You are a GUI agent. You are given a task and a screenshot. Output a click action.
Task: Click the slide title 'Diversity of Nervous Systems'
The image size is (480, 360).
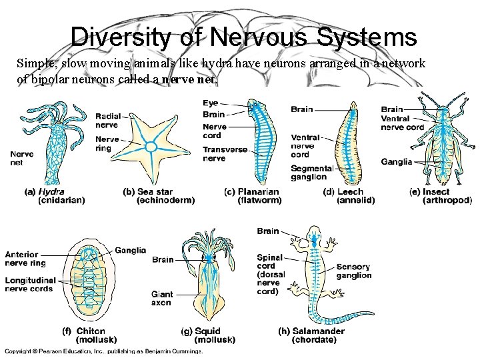tap(243, 36)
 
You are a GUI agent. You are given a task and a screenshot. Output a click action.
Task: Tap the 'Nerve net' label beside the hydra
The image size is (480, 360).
tap(22, 158)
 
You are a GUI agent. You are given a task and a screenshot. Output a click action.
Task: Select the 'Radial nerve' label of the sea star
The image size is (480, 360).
tap(107, 120)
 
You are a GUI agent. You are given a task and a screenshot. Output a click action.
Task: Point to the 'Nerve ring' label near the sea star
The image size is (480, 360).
tap(107, 144)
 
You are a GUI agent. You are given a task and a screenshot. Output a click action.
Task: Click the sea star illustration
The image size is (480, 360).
tap(151, 145)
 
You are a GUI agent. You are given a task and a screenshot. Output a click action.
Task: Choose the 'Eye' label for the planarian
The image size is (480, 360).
tap(211, 103)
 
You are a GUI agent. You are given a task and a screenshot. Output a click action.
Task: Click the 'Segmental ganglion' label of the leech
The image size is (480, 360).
tap(312, 173)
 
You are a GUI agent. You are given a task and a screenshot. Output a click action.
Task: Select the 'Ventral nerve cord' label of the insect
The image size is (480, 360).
tap(402, 123)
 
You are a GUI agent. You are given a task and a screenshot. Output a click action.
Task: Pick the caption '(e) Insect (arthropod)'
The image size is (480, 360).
tap(440, 196)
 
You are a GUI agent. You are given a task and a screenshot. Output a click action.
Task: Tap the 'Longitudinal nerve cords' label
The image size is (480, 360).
tap(31, 284)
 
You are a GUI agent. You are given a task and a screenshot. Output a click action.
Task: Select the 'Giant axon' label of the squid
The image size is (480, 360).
tap(162, 298)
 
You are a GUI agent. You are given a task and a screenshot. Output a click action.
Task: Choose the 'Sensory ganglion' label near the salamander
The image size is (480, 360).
tap(354, 271)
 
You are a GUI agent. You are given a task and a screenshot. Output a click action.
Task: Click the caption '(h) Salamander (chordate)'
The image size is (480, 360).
tap(311, 335)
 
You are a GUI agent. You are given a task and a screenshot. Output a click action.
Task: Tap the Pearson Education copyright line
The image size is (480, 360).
tap(103, 351)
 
